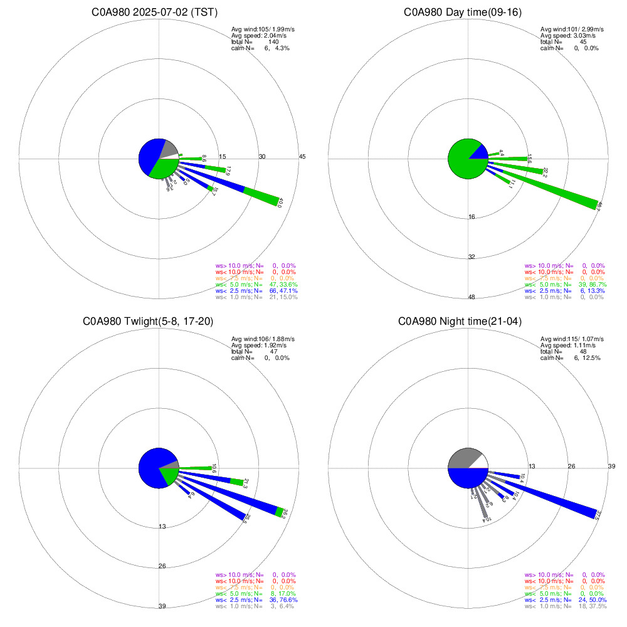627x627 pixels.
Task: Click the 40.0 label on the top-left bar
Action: pyautogui.click(x=280, y=204)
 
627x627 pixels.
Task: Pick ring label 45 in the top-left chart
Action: pyautogui.click(x=302, y=156)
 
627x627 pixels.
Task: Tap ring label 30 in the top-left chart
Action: pyautogui.click(x=263, y=156)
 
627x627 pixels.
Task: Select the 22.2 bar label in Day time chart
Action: pyautogui.click(x=545, y=172)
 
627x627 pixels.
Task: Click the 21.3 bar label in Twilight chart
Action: pyautogui.click(x=245, y=483)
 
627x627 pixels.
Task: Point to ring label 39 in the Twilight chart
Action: pyautogui.click(x=162, y=606)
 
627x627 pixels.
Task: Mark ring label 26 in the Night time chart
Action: pyautogui.click(x=571, y=466)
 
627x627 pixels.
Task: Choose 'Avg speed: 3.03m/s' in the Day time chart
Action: pyautogui.click(x=567, y=36)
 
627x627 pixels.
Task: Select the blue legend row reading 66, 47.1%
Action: pyautogui.click(x=255, y=291)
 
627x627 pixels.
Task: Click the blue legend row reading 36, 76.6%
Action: pyautogui.click(x=255, y=600)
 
